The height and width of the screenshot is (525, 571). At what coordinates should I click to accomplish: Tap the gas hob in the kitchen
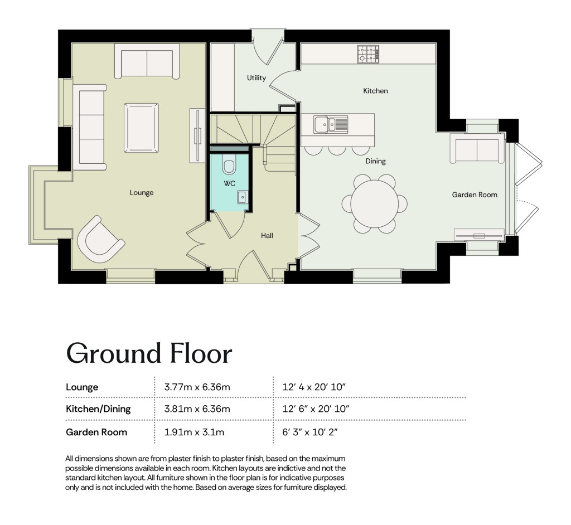[x=368, y=54]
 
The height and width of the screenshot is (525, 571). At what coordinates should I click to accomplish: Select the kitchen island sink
[x=331, y=124]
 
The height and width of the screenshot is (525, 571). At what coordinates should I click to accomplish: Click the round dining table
[x=374, y=204]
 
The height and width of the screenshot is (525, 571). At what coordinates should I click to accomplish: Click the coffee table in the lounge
[x=141, y=128]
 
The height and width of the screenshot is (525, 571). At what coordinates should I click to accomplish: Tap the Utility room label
[x=257, y=77]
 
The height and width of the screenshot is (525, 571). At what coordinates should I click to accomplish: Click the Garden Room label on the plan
[x=475, y=195]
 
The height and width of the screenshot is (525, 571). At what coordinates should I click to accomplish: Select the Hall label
[x=267, y=236]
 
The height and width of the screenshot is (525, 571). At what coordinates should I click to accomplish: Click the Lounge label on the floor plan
[x=142, y=193]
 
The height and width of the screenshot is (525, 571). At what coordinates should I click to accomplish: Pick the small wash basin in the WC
[x=242, y=197]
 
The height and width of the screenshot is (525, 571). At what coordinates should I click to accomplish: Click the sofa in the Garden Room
[x=475, y=149]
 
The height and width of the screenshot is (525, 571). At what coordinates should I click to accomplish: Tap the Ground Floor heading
[x=149, y=353]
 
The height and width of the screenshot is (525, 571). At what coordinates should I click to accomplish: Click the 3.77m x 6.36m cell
[x=197, y=387]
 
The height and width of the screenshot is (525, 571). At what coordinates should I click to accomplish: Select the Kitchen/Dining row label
[x=98, y=409]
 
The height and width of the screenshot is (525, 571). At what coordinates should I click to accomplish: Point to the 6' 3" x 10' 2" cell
[x=310, y=432]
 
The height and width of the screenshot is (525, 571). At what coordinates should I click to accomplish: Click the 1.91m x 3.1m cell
[x=194, y=432]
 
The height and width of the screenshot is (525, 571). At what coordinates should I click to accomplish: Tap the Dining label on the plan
[x=375, y=161]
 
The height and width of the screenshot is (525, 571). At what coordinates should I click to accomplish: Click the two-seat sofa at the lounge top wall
[x=147, y=61]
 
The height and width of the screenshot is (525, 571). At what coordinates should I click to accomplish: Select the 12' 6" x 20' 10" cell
[x=316, y=409]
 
